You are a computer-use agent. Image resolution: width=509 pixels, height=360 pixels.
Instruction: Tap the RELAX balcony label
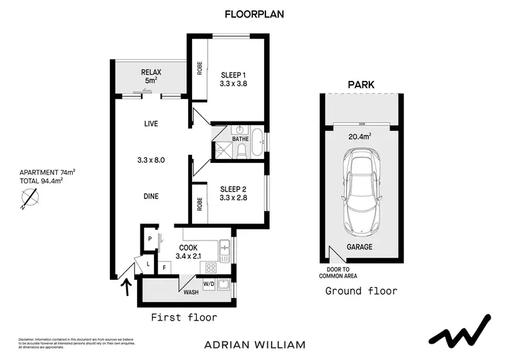[149, 72]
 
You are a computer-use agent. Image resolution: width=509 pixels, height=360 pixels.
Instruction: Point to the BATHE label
[241, 139]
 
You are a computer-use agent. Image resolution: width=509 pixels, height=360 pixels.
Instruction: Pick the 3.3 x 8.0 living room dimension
[151, 160]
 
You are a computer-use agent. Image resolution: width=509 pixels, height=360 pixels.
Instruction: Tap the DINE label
[151, 196]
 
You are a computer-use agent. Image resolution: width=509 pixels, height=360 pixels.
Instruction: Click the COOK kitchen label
[188, 248]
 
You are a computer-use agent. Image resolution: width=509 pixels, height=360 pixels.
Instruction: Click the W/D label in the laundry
[208, 283]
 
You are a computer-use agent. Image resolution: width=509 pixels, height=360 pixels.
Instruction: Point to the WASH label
[191, 292]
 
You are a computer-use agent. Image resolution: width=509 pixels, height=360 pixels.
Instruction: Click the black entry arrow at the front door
[124, 289]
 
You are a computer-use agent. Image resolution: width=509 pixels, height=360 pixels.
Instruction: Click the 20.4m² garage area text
[360, 137]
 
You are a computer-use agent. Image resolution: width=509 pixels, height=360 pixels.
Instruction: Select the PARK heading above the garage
[361, 85]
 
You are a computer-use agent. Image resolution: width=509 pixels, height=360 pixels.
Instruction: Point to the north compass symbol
[30, 198]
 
